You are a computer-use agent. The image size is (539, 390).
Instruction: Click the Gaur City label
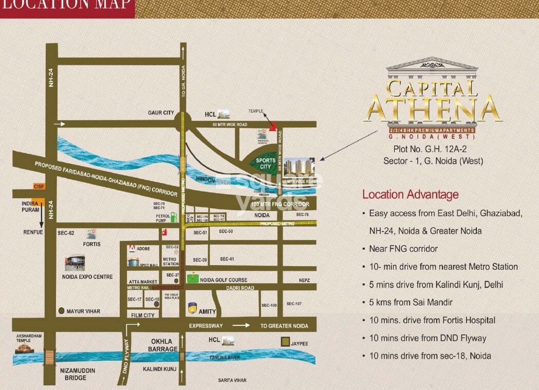[x=161, y=113]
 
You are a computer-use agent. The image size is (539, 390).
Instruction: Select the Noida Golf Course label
[x=224, y=280]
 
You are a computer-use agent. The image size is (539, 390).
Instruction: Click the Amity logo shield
[x=193, y=308]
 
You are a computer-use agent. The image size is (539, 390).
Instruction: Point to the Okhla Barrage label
[x=164, y=345]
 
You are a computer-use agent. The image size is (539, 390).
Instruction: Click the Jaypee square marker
[x=285, y=342]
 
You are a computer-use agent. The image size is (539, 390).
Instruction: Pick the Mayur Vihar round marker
[x=61, y=311]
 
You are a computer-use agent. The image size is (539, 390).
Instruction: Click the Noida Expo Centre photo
[x=75, y=263]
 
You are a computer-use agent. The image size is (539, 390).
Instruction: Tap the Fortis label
[x=92, y=244]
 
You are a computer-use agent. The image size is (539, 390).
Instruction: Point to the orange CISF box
[x=39, y=186]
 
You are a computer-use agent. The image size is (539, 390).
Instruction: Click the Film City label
[x=142, y=315]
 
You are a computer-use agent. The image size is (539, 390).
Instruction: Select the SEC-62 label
[x=66, y=233]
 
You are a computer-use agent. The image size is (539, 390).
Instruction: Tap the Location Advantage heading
[x=410, y=195]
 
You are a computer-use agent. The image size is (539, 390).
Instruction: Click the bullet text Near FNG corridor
[x=403, y=249]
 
